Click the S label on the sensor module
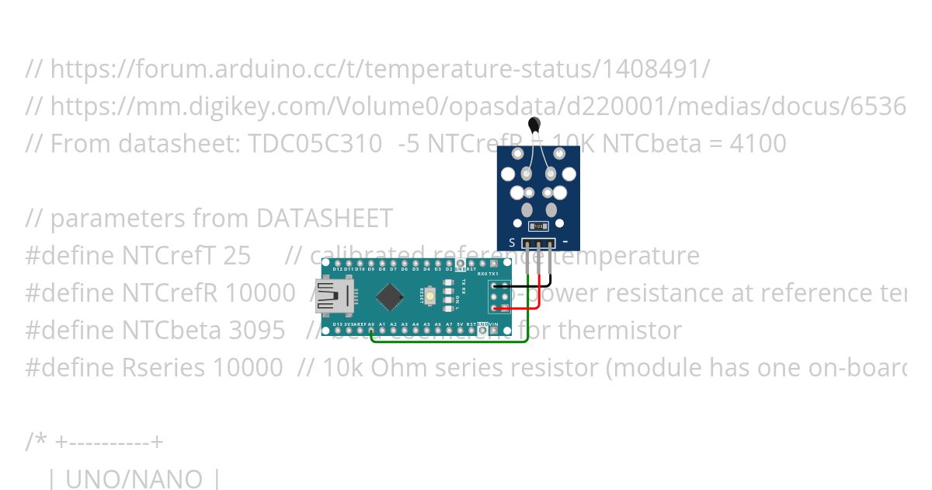(512, 243)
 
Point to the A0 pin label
(371, 324)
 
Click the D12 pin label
(338, 269)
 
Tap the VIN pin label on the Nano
(493, 324)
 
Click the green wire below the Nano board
(450, 341)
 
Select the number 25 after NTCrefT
(236, 255)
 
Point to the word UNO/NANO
(134, 478)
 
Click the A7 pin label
(449, 324)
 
